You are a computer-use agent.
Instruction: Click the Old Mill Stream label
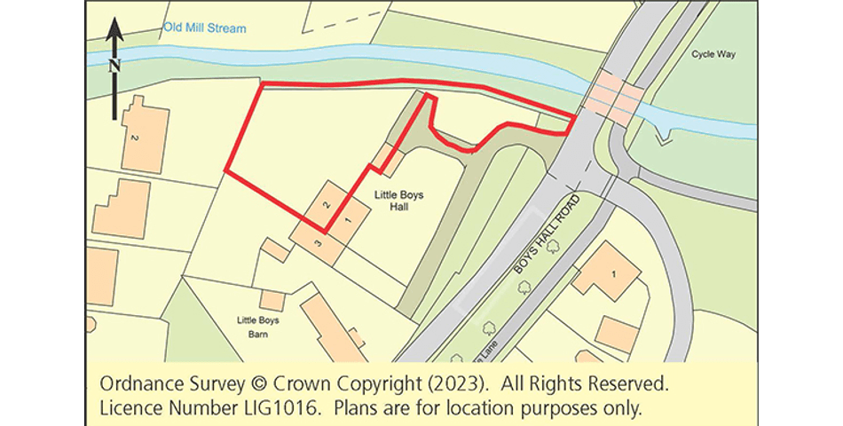(x=204, y=28)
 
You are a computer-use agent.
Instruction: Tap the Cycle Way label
(x=714, y=54)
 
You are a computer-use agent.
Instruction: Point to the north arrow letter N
(x=114, y=65)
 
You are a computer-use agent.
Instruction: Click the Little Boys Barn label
(x=257, y=327)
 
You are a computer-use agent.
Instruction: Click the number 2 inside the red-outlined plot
(x=327, y=205)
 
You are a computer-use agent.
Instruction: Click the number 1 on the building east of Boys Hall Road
(x=612, y=273)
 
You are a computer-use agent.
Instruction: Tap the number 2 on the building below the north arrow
(x=134, y=139)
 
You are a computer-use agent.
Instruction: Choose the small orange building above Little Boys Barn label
(x=272, y=301)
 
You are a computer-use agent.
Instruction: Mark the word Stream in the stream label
(x=227, y=28)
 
